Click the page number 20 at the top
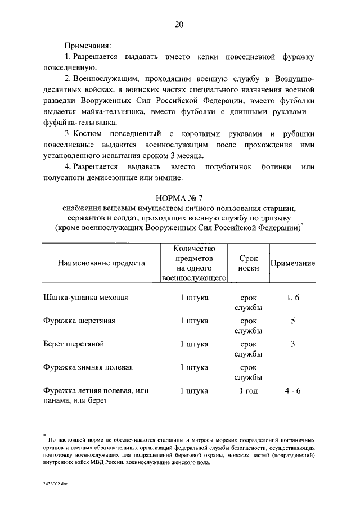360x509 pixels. [x=179, y=24]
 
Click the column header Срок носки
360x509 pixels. [x=248, y=263]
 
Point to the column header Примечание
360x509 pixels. [x=292, y=263]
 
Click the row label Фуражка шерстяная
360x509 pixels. [x=79, y=321]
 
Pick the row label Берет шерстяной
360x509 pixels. [x=74, y=344]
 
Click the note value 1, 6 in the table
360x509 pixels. [x=292, y=298]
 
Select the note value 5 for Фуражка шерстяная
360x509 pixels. [x=292, y=321]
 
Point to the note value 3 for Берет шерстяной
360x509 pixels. [x=292, y=344]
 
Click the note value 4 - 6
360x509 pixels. [x=292, y=390]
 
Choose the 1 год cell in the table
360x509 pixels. [x=248, y=390]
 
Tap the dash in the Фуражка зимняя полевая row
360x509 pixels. [x=292, y=367]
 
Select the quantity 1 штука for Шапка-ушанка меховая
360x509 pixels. [x=194, y=298]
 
